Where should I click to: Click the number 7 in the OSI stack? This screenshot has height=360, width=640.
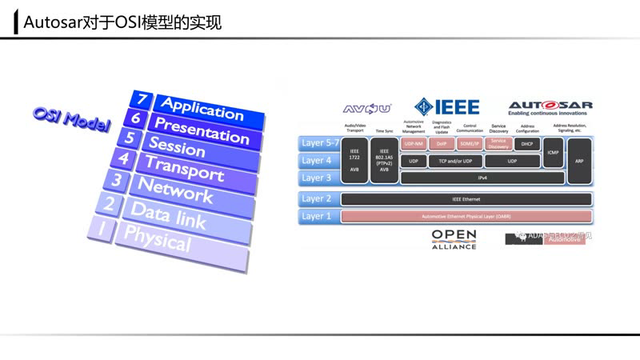[142, 100]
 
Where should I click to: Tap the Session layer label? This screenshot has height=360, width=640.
[177, 147]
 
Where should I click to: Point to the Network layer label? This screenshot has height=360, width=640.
[175, 190]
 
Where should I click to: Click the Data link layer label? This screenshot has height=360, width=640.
[168, 214]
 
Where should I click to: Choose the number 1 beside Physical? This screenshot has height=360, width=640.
[102, 229]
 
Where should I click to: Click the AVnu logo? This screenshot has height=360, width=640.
[366, 109]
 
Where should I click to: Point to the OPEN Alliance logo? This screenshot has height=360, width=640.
[454, 238]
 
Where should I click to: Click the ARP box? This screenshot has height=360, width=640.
[579, 161]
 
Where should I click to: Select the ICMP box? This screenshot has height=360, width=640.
[553, 152]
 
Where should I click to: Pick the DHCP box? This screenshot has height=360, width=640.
[526, 144]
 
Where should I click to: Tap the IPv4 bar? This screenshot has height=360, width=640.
[482, 178]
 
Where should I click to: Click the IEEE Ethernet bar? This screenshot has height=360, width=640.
[466, 199]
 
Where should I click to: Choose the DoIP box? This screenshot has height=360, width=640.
[441, 144]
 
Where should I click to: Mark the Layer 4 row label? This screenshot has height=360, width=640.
[317, 161]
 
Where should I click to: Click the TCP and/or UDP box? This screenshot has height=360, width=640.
[455, 161]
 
